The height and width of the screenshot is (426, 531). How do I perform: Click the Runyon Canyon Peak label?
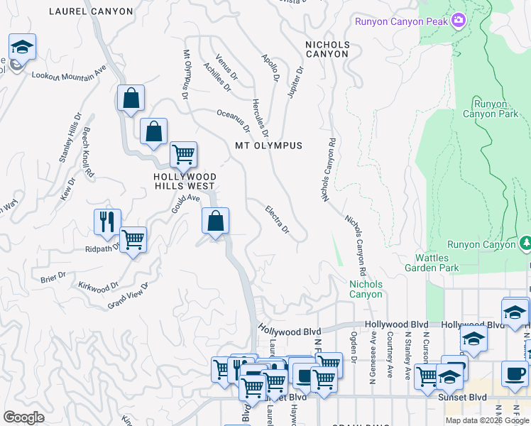pyautogui.click(x=401, y=21)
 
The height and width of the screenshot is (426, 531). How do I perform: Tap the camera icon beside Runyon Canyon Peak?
pyautogui.click(x=459, y=21)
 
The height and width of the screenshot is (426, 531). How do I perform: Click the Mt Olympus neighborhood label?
pyautogui.click(x=269, y=146)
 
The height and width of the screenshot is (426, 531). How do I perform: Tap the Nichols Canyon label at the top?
pyautogui.click(x=327, y=49)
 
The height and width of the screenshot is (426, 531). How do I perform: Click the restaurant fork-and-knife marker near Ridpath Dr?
pyautogui.click(x=107, y=222)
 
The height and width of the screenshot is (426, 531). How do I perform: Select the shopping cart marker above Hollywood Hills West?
pyautogui.click(x=183, y=154)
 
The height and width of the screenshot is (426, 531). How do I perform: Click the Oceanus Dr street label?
pyautogui.click(x=234, y=121)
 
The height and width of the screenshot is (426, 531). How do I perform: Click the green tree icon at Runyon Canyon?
pyautogui.click(x=525, y=244)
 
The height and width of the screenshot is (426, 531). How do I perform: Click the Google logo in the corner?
pyautogui.click(x=23, y=417)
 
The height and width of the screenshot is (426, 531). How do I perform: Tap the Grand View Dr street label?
pyautogui.click(x=128, y=295)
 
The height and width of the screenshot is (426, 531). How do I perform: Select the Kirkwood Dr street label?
pyautogui.click(x=99, y=287)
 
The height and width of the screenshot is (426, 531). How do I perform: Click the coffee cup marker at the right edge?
pyautogui.click(x=515, y=373)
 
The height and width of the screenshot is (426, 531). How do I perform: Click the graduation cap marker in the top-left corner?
pyautogui.click(x=22, y=48)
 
